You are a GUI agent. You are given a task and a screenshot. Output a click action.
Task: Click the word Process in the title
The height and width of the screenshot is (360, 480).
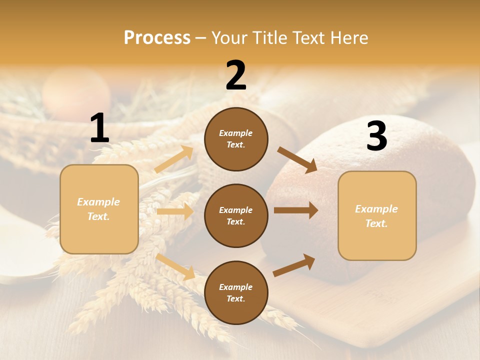(x=157, y=37)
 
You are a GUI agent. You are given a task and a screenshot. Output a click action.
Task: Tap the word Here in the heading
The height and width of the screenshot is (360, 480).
(x=349, y=37)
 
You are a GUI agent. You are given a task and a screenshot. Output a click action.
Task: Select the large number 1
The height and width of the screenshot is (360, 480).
(x=99, y=128)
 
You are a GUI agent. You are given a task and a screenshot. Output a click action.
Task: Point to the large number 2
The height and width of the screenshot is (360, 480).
(x=236, y=75)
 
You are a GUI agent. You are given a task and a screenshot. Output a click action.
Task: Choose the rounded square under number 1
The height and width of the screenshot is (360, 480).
(x=99, y=209)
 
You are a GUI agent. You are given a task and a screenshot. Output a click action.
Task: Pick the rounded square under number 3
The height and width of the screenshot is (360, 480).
(x=377, y=216)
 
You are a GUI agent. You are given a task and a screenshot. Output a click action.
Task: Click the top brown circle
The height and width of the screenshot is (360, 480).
(x=236, y=139)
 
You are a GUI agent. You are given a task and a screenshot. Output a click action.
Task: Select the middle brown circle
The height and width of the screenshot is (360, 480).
(x=236, y=215)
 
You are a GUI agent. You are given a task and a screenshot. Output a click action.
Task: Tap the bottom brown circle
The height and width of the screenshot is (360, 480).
(x=236, y=292)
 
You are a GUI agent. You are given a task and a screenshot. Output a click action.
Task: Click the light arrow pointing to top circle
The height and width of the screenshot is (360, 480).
(x=174, y=159)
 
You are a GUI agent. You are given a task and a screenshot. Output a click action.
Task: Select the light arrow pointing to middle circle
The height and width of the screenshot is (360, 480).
(x=175, y=211)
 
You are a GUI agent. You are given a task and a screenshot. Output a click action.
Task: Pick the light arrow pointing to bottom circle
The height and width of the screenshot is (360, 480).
(x=175, y=266)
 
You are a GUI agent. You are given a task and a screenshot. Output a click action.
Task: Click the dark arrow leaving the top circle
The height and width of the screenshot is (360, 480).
(x=297, y=159)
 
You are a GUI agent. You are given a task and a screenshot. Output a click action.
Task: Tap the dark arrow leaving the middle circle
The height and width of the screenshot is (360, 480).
(x=295, y=210)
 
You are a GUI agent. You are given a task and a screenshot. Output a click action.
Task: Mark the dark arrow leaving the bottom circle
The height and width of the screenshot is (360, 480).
(x=294, y=265)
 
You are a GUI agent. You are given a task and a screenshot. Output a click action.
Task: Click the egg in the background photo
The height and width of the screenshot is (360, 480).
(x=76, y=91)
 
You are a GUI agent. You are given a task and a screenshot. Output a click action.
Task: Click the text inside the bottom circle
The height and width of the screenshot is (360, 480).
(x=235, y=293)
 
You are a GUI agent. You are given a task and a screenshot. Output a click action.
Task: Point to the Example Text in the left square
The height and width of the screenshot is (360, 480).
(x=98, y=209)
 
